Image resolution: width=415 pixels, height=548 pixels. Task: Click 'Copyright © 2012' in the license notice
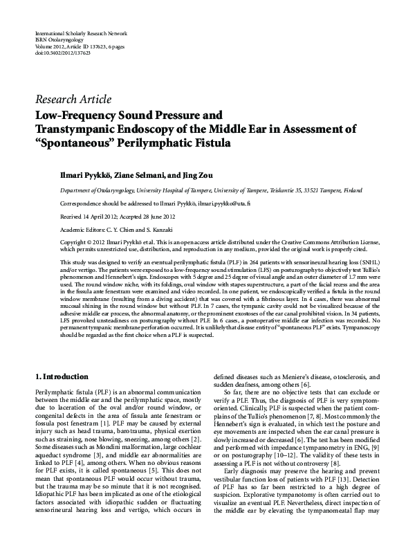[x=83, y=242]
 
